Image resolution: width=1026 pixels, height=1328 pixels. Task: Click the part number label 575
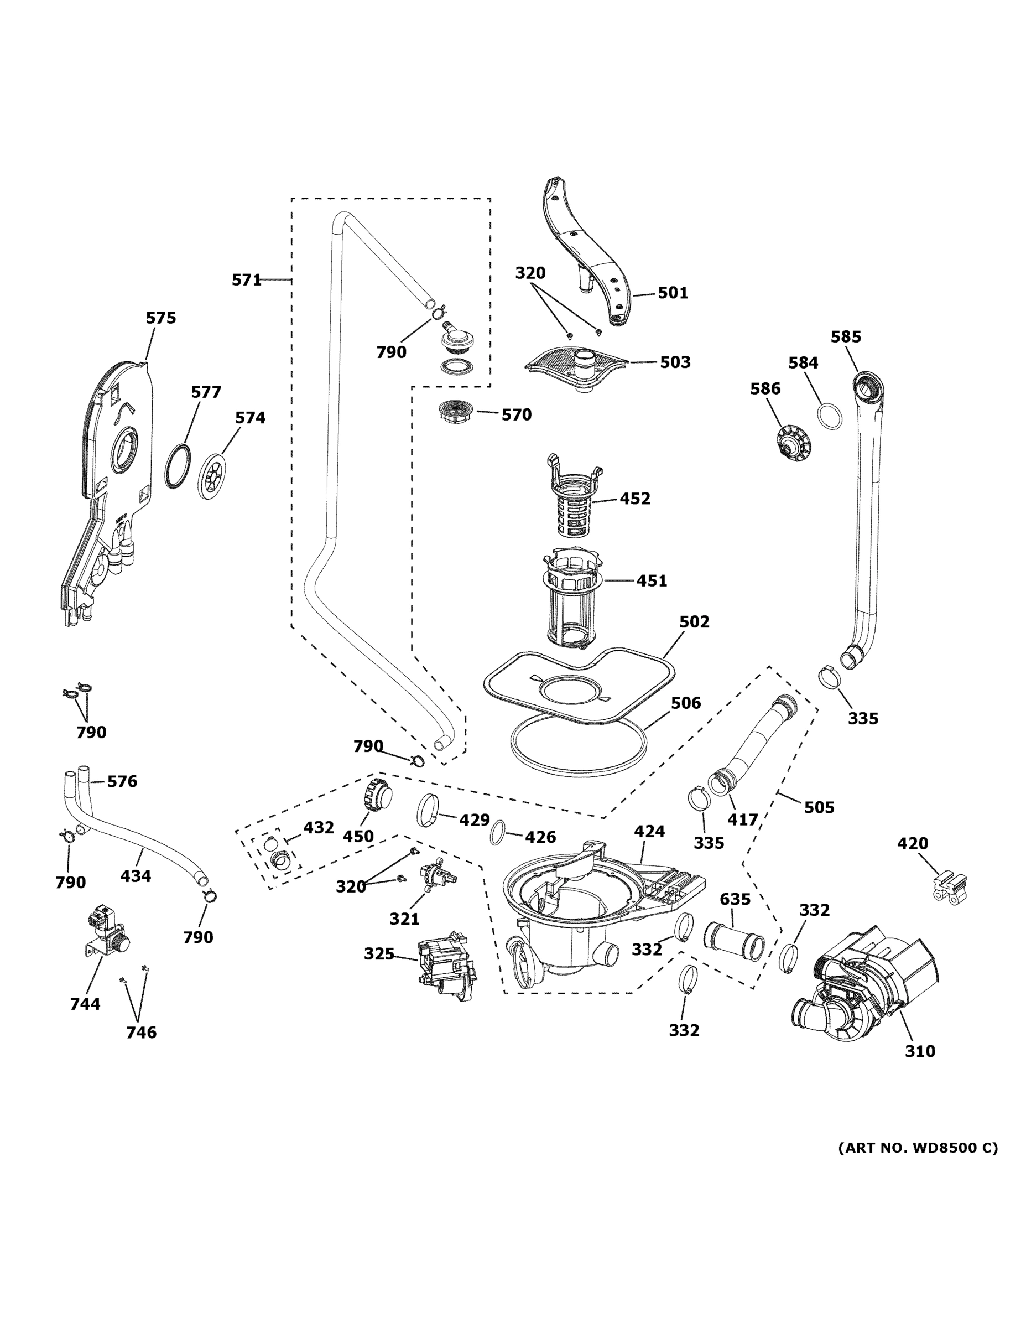[x=161, y=318]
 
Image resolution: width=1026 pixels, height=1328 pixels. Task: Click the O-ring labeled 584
[x=830, y=417]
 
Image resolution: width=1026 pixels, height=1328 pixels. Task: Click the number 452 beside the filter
[x=634, y=499]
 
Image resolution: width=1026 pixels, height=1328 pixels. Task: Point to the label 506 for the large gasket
[x=686, y=703]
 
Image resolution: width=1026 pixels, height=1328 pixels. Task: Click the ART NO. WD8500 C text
[x=918, y=1148]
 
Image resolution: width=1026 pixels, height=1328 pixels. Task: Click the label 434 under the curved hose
[x=136, y=876]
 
